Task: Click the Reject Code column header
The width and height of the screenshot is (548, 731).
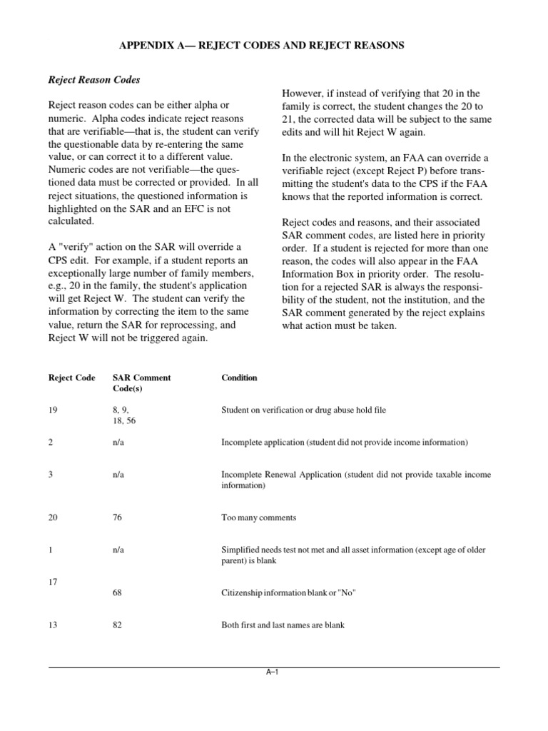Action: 71,378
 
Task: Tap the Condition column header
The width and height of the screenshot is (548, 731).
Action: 239,378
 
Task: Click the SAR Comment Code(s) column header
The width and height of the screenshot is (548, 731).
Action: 141,383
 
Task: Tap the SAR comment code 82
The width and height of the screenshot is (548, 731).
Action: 118,625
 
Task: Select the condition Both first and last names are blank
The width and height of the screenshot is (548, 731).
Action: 283,625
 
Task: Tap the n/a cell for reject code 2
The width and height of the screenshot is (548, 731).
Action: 119,443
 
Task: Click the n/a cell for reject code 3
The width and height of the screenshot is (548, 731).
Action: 119,475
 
